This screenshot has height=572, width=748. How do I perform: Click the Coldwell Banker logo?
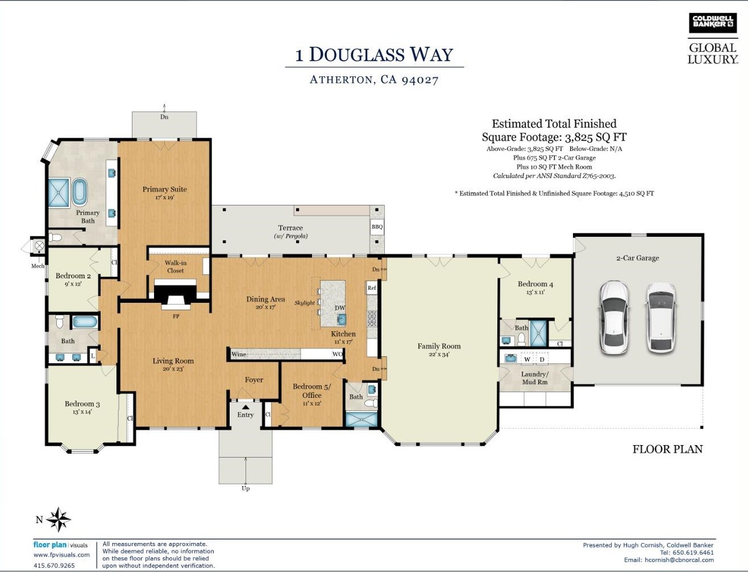coord(713,23)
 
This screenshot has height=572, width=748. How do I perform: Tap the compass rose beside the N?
coord(59,520)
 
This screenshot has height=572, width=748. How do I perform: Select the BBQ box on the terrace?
coord(377,227)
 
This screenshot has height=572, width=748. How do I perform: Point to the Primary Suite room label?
coord(165,190)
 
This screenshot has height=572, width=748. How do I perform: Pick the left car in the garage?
coord(614,317)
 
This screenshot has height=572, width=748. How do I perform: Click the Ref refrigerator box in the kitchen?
coord(372,288)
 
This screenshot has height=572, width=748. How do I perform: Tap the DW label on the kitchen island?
coord(340,308)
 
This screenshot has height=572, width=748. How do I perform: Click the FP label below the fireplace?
coord(176,316)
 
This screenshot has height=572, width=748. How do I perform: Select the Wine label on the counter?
coord(239,354)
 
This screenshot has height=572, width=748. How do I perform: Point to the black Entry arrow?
coord(246,407)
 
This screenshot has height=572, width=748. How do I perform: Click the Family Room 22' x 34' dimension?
coord(439,355)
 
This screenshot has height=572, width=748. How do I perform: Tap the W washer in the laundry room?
coord(527,359)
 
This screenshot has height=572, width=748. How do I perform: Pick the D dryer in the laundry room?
coord(542,359)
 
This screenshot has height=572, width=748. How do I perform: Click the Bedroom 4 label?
coord(535,284)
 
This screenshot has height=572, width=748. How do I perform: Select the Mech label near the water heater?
coord(38,266)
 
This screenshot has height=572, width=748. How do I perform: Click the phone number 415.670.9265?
coord(54,565)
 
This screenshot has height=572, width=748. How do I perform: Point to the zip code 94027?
coord(420,80)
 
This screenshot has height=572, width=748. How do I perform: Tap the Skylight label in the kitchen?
coord(305,303)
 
